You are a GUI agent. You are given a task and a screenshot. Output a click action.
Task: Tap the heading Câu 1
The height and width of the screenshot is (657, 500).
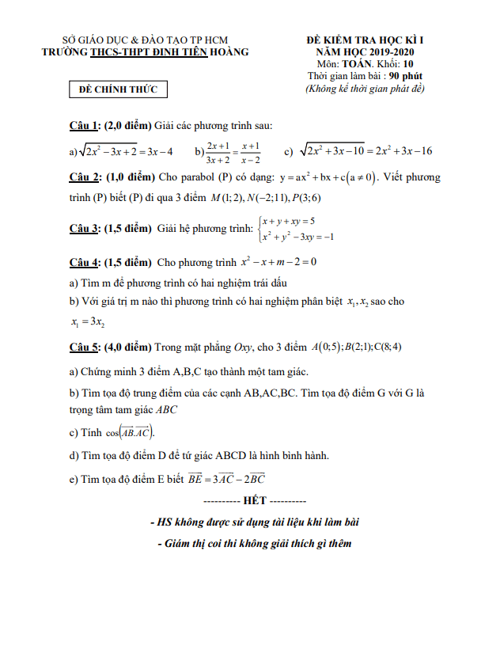coord(84,125)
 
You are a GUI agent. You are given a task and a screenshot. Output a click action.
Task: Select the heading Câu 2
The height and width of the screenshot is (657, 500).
coord(84,177)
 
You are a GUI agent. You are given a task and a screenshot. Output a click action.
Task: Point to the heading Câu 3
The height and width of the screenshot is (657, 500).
coord(84,229)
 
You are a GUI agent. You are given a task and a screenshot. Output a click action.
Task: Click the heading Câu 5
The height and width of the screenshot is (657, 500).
coord(84,347)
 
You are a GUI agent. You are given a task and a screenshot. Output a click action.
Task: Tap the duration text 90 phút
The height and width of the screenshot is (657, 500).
coord(405,76)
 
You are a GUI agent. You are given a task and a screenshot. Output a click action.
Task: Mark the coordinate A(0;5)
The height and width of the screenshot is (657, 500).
coord(325,347)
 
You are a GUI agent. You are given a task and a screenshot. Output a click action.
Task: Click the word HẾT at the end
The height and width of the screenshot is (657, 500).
coord(250,501)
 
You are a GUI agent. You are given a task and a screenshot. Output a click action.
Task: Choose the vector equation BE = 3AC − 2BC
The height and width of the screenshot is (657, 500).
coord(225,478)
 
